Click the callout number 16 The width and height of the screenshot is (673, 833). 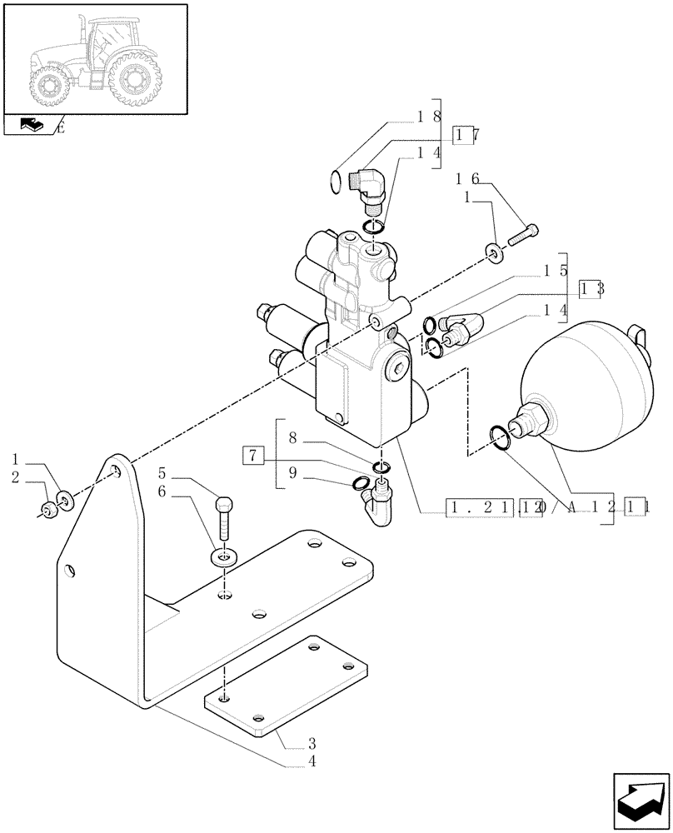(x=469, y=178)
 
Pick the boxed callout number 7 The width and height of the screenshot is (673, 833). (x=254, y=455)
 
